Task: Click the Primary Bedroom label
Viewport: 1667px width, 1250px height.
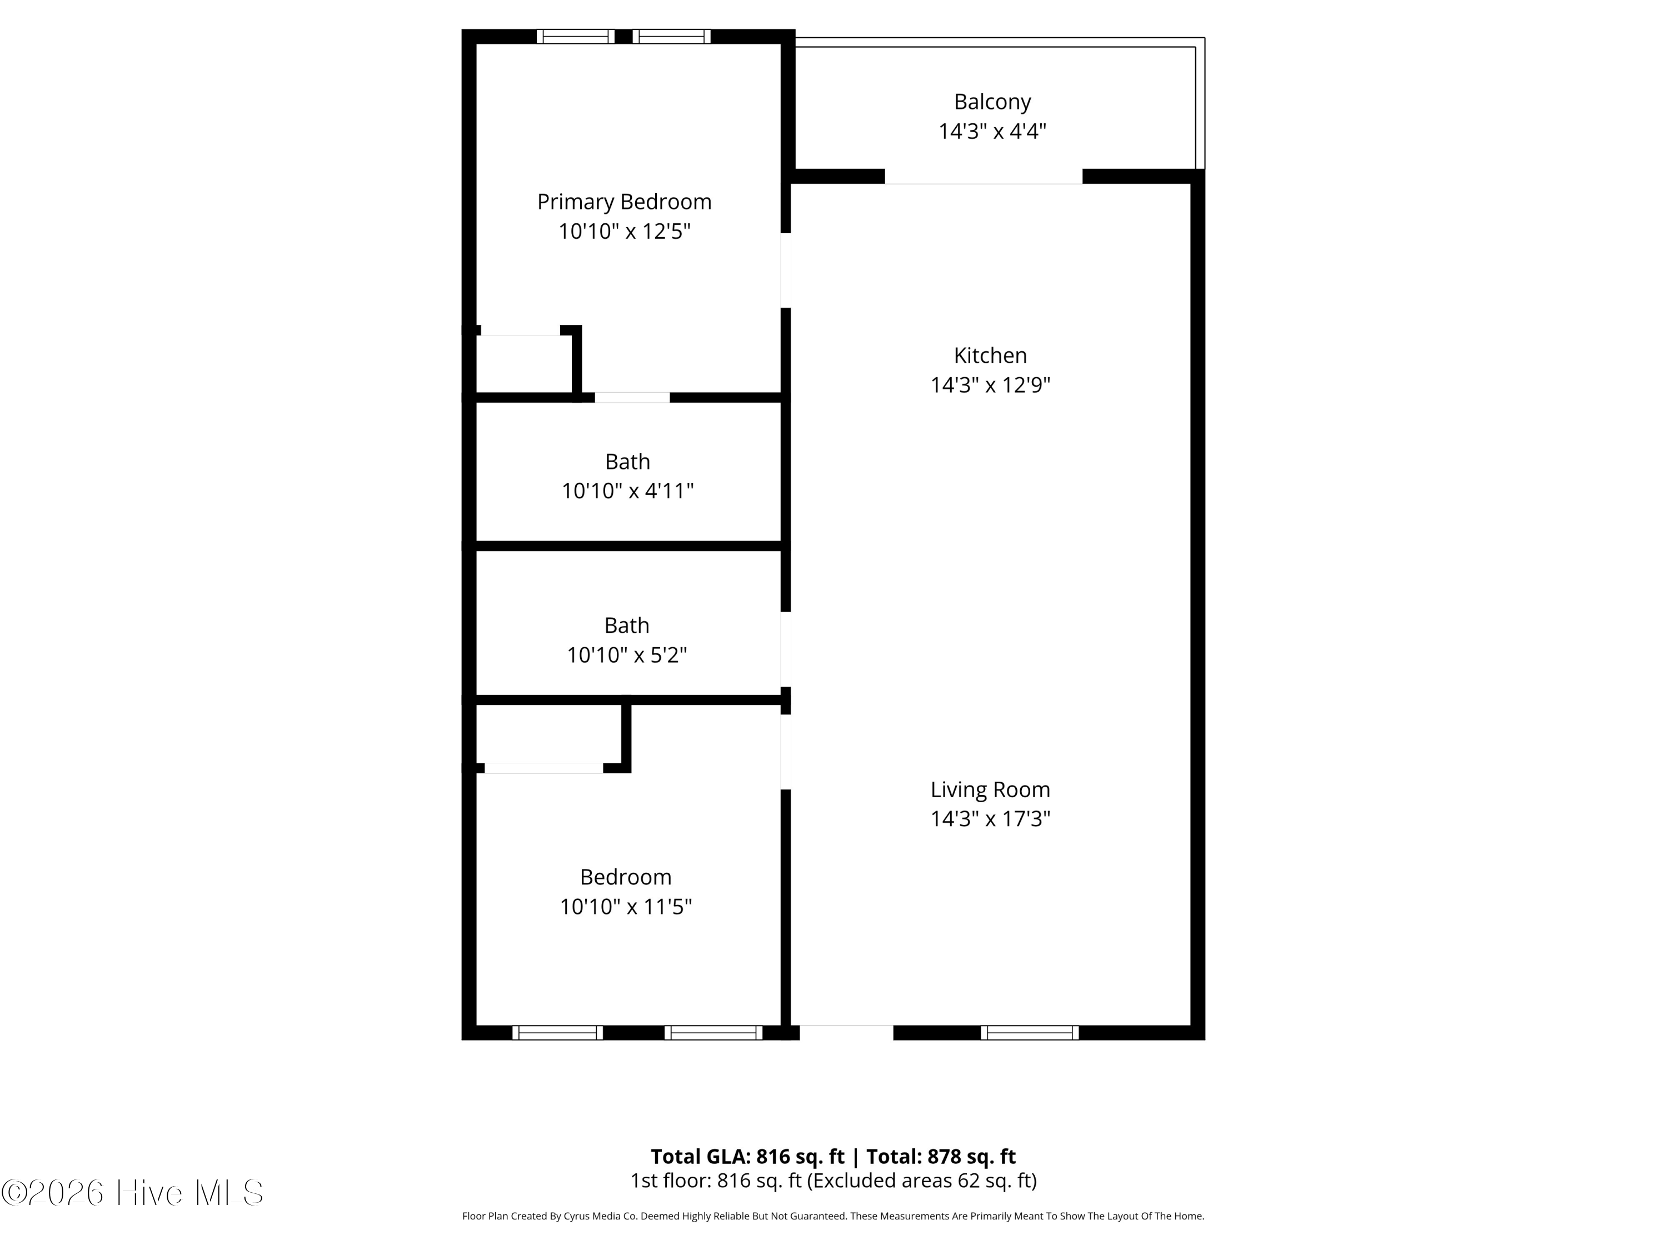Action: (x=624, y=202)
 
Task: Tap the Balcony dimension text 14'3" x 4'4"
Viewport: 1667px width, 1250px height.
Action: (x=992, y=132)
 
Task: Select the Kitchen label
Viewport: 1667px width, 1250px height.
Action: (x=990, y=355)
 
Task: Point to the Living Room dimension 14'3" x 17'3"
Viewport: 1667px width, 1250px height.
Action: (x=990, y=819)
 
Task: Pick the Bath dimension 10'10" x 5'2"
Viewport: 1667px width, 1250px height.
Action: (x=626, y=655)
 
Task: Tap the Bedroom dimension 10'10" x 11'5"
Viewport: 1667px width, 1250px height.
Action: (x=626, y=907)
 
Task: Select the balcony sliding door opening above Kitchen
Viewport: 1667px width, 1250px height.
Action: (x=983, y=177)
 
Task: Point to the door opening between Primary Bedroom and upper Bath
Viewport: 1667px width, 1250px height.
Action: (x=632, y=398)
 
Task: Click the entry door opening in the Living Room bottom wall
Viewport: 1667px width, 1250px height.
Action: (x=846, y=1032)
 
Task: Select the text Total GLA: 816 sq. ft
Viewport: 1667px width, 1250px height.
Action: (x=747, y=1157)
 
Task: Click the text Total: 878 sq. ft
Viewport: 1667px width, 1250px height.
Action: (x=941, y=1157)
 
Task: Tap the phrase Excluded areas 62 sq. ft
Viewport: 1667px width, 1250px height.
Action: (x=921, y=1181)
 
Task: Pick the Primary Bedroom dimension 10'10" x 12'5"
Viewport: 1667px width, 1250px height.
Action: (x=624, y=231)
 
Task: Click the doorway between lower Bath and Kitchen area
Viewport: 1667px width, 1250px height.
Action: (x=785, y=649)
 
